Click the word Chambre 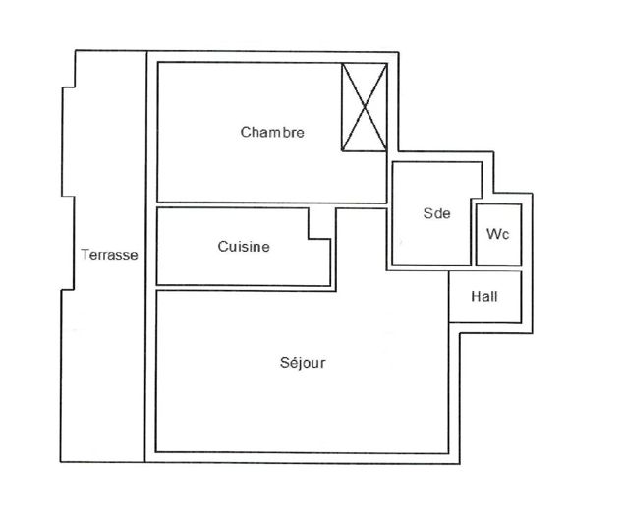tap(272, 133)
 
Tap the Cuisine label tap(244, 248)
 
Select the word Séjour tap(303, 363)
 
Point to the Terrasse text tap(109, 255)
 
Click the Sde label tap(436, 214)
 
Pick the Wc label tap(497, 235)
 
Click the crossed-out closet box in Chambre tap(363, 107)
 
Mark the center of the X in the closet tap(363, 107)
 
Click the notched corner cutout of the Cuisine tap(319, 224)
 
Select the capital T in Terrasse tap(85, 255)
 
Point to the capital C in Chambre tap(246, 133)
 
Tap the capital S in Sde tap(427, 214)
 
